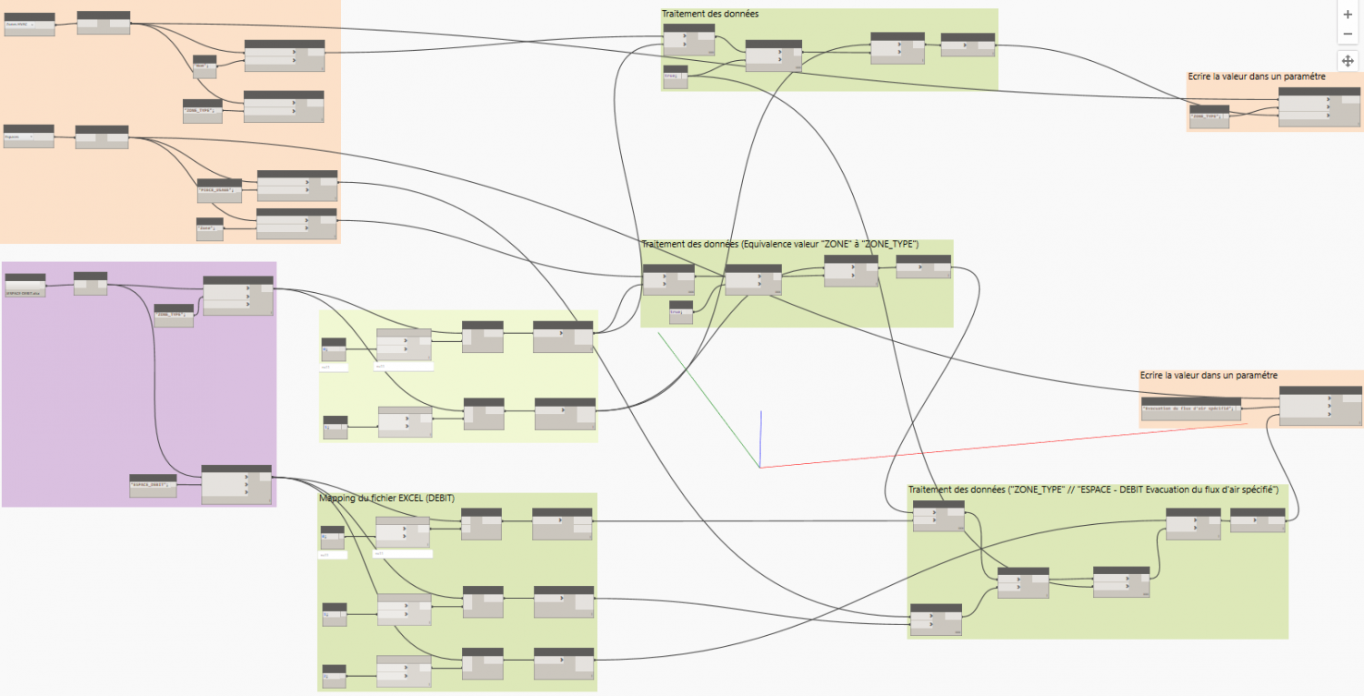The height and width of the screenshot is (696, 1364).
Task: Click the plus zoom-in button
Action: [1348, 15]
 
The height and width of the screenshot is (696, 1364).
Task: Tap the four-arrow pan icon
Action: [1348, 60]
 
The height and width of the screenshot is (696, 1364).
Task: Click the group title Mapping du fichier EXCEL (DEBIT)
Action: [386, 498]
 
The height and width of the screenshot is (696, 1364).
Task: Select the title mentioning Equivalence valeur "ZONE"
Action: [779, 245]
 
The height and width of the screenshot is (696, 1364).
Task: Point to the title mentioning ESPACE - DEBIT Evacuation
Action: [1093, 490]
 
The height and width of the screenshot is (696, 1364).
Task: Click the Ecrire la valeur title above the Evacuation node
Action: [1209, 375]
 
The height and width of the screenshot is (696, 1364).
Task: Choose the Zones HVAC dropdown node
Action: [29, 25]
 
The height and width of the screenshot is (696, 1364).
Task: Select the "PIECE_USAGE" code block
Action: [219, 189]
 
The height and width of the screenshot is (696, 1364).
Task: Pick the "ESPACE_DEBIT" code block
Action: [152, 485]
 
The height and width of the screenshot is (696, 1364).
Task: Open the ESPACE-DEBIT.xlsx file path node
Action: [25, 285]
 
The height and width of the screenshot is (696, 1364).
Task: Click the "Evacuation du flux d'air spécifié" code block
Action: [1190, 408]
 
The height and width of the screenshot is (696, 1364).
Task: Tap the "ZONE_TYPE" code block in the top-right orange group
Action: [1209, 117]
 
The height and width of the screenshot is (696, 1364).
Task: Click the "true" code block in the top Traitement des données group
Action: [675, 78]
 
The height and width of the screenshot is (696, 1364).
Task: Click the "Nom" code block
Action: [204, 66]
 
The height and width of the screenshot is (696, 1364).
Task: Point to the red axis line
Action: [1000, 446]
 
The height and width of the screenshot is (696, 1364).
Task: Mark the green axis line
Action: [709, 400]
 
